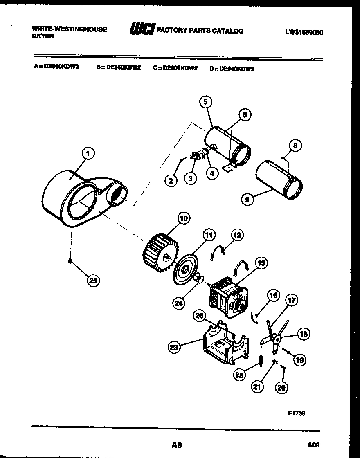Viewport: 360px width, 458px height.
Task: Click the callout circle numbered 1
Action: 88,154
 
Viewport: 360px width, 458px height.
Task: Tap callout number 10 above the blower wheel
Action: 183,218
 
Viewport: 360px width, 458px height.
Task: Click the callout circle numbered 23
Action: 175,348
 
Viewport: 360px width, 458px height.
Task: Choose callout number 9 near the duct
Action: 248,200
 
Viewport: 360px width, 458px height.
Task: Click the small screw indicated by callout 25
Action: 71,261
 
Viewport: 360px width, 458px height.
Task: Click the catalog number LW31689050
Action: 304,33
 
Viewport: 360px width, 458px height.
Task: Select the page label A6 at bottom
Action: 176,445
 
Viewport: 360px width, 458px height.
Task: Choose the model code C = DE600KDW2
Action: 175,68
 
